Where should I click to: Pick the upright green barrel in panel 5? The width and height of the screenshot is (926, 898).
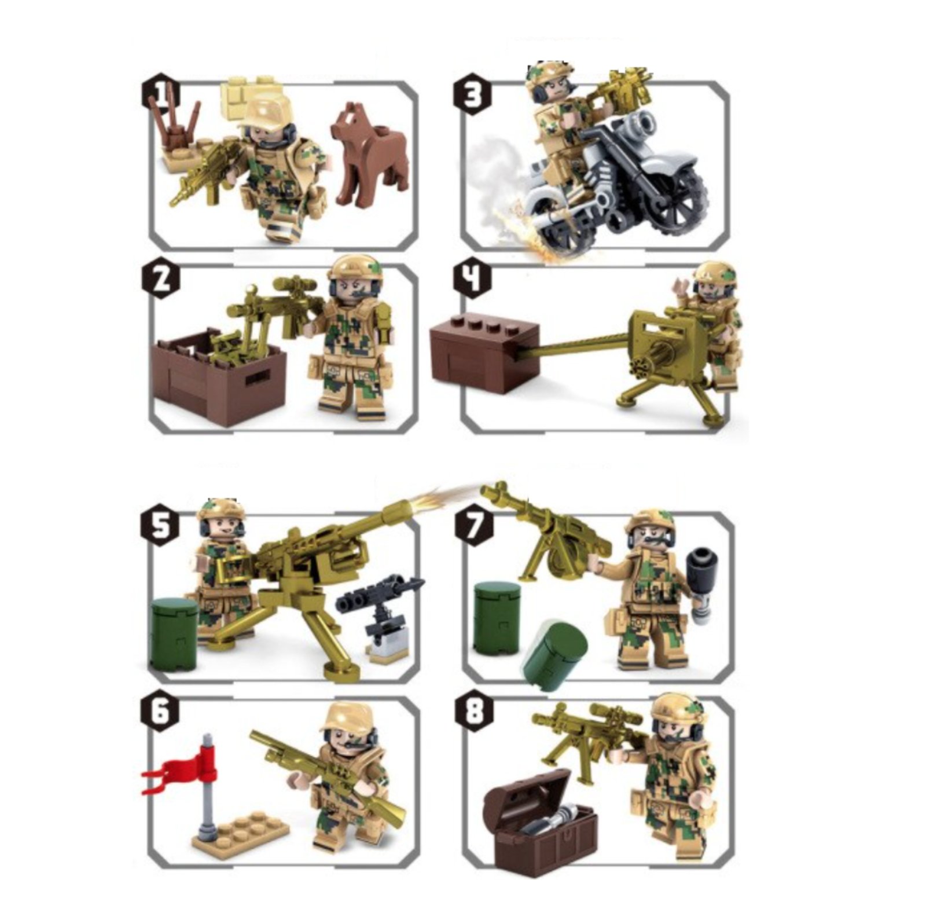click(x=174, y=633)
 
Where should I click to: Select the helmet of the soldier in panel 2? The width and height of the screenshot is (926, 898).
click(x=355, y=271)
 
